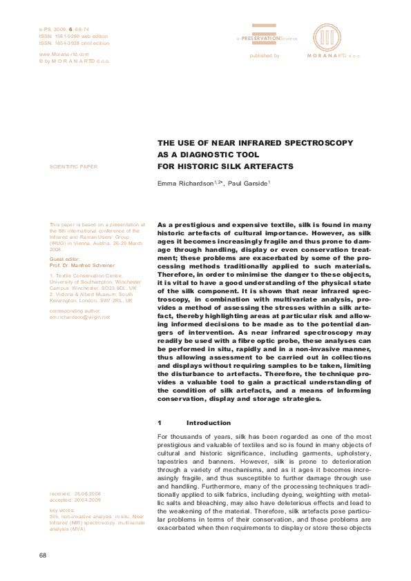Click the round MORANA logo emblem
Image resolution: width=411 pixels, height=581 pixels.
327,37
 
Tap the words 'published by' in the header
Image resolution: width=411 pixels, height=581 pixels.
265,55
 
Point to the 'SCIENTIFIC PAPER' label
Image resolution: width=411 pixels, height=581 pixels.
74,167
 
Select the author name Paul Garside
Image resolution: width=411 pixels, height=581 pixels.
247,184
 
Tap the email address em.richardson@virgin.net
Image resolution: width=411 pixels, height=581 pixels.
80,317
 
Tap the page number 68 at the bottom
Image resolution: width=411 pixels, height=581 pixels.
44,555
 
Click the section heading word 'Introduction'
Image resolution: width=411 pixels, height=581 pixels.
209,422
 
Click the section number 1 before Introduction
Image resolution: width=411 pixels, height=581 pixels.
160,422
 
